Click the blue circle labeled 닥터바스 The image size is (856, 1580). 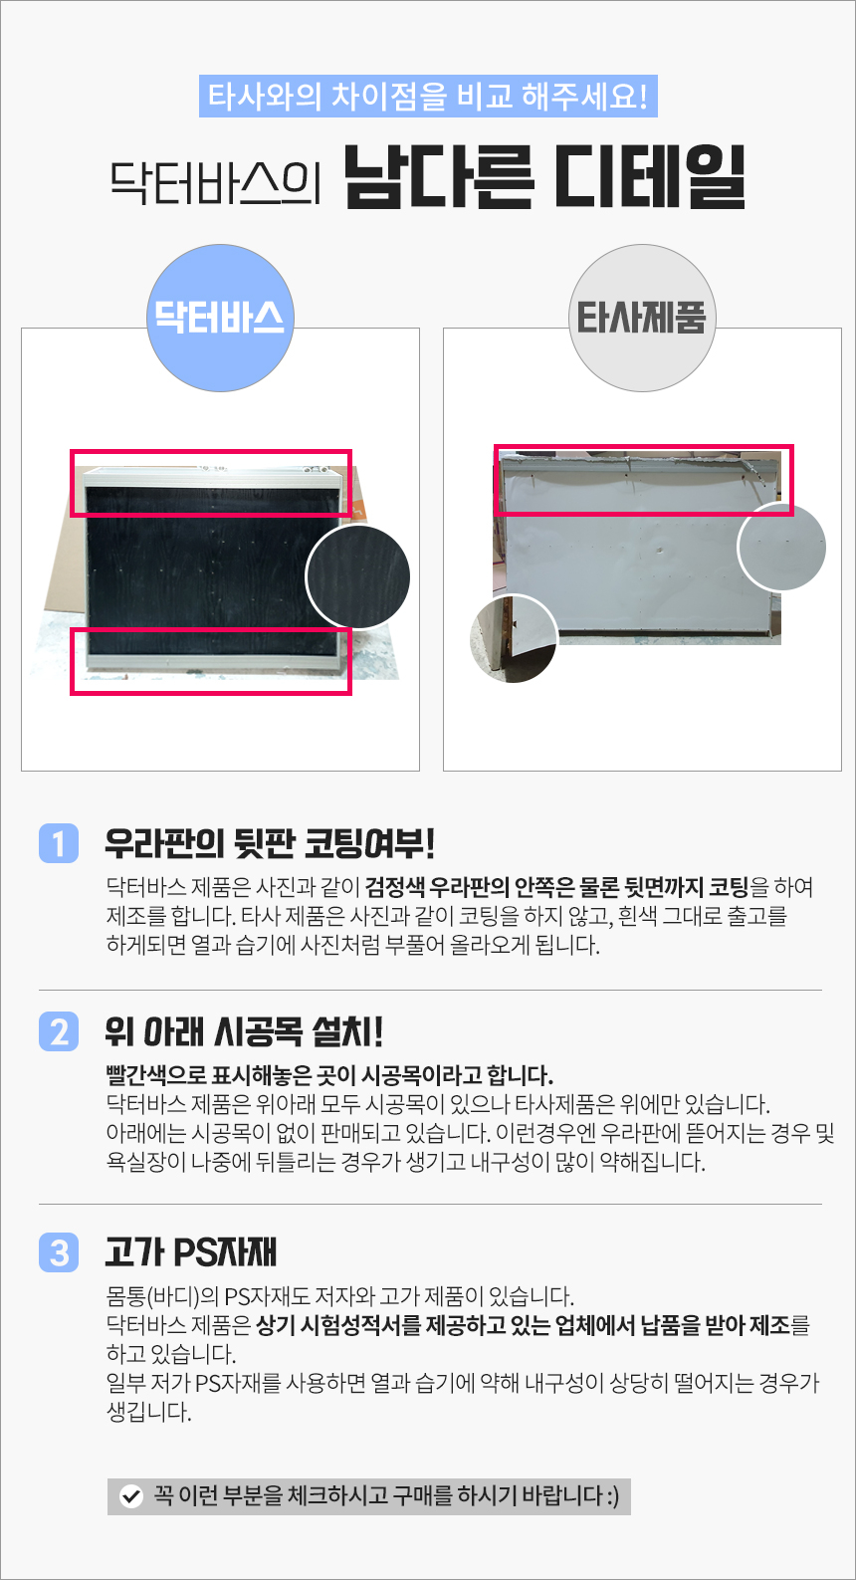click(x=220, y=319)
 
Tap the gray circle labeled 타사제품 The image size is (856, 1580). click(x=642, y=319)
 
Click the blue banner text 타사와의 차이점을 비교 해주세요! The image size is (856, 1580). click(x=428, y=96)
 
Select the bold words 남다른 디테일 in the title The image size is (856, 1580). click(x=545, y=177)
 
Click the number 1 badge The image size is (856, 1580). click(x=59, y=843)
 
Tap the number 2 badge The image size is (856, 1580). click(x=59, y=1031)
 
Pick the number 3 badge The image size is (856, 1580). click(x=59, y=1252)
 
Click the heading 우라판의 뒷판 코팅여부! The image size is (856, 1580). click(x=270, y=843)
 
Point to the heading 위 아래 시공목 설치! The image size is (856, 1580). click(x=244, y=1031)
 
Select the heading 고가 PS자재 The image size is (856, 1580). click(x=190, y=1252)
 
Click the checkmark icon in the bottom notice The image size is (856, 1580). click(x=131, y=1495)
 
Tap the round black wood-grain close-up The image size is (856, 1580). click(x=358, y=577)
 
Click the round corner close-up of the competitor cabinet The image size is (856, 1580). click(x=514, y=639)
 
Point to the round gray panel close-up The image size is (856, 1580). click(x=781, y=548)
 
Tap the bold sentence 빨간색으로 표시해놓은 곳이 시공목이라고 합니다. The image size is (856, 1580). click(x=329, y=1075)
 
